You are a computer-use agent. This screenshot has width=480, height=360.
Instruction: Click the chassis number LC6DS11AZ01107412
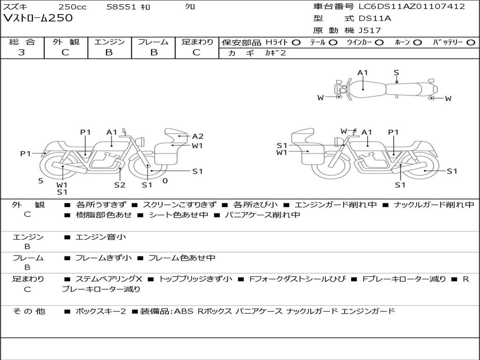click(412, 6)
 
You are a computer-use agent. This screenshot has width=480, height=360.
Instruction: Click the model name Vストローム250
click(38, 18)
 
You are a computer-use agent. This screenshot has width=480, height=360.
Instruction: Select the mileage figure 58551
click(121, 7)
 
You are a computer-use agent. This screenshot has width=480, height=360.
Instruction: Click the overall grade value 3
click(22, 52)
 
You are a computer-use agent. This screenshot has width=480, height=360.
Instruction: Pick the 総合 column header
click(22, 42)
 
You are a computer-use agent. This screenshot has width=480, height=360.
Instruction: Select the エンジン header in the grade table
click(109, 42)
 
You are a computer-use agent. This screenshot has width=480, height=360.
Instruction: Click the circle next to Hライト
click(296, 43)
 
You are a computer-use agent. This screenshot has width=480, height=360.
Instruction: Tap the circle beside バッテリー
click(471, 43)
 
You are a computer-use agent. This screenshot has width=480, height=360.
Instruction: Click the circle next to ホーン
click(417, 43)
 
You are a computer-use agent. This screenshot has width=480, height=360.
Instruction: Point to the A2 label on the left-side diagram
click(197, 136)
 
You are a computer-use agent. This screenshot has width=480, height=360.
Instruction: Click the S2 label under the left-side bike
click(120, 185)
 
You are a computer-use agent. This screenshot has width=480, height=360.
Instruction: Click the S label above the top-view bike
click(397, 73)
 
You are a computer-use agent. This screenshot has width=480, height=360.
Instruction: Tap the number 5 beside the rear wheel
click(41, 181)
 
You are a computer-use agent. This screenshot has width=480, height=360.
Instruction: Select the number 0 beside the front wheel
click(165, 181)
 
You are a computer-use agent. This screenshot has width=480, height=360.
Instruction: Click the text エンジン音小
click(101, 237)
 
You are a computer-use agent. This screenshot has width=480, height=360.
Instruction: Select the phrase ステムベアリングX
click(109, 279)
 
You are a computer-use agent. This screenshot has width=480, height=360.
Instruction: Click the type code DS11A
click(375, 18)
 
